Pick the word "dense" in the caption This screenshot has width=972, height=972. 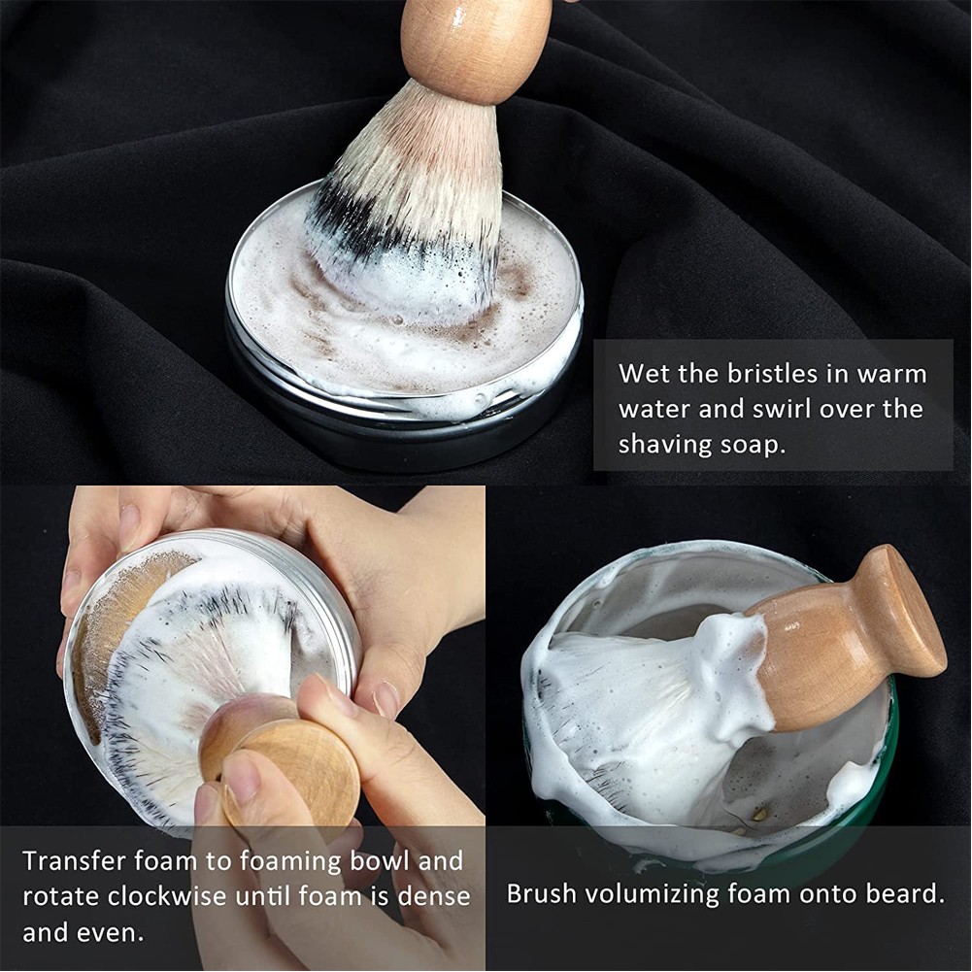[x=434, y=896]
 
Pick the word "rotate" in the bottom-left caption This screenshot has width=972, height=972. [x=61, y=897]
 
